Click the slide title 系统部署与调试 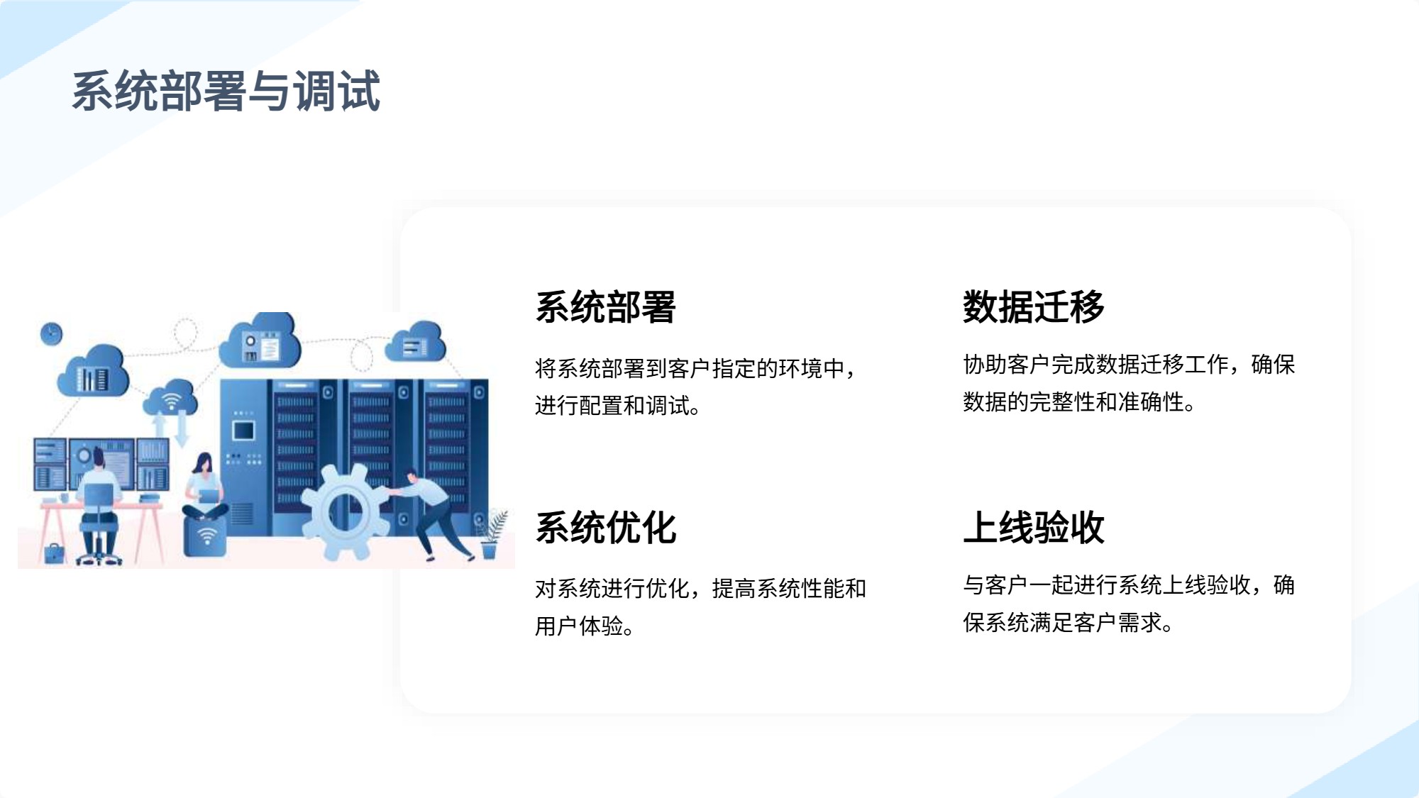click(226, 91)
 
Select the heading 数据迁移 click(1034, 307)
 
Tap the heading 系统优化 click(606, 528)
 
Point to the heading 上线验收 click(1034, 528)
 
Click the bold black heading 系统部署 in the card click(606, 307)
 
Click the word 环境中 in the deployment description click(812, 368)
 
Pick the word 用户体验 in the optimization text click(579, 626)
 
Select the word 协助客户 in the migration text click(1007, 364)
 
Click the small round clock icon click(51, 333)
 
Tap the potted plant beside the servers click(492, 536)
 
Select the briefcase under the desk click(54, 553)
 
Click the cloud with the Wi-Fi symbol click(170, 399)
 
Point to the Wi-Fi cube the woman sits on click(206, 536)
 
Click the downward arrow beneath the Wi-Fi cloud click(182, 428)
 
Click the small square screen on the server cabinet click(243, 431)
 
